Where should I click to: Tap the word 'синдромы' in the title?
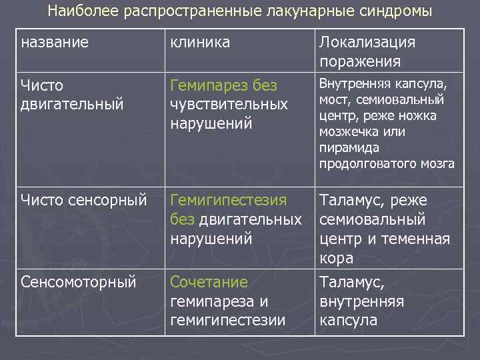397,11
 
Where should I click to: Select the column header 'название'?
55,43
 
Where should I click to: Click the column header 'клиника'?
201,43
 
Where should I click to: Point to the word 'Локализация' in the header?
367,43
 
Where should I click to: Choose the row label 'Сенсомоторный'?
78,282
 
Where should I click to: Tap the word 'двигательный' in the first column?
72,103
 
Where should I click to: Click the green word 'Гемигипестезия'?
229,200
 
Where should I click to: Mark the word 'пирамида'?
347,147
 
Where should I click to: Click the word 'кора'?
336,258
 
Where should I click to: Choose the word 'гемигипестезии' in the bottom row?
228,321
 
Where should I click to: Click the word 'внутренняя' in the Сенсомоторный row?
361,301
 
